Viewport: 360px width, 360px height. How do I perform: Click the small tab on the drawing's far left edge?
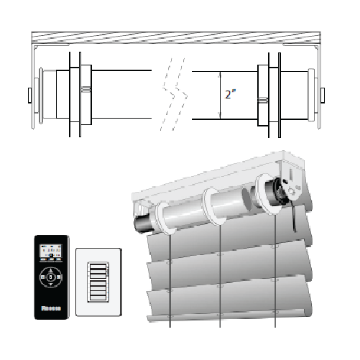pos(28,94)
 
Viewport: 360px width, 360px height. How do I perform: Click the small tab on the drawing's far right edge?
pos(323,94)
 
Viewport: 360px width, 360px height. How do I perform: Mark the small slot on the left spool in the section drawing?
pos(86,90)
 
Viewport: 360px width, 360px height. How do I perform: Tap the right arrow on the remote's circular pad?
pos(61,277)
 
